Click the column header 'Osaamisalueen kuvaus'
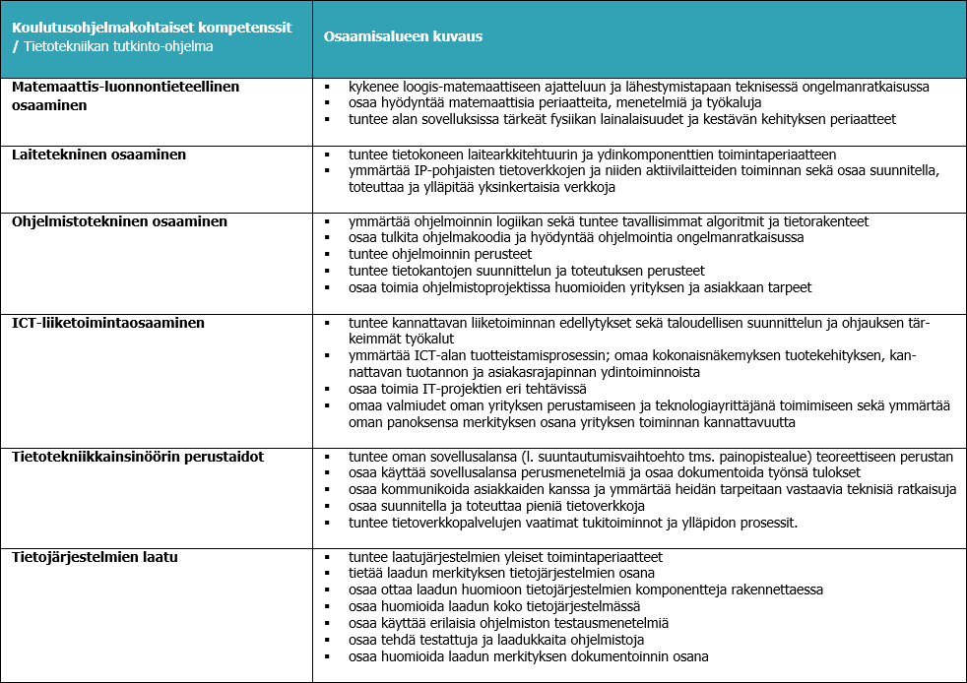pos(403,36)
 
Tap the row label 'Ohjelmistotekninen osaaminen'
pos(119,221)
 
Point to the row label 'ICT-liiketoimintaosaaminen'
pos(108,322)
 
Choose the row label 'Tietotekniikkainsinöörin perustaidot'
pos(138,457)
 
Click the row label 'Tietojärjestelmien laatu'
pos(96,557)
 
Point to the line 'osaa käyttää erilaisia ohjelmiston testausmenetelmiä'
pos(508,623)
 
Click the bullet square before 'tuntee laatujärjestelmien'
pos(326,557)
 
